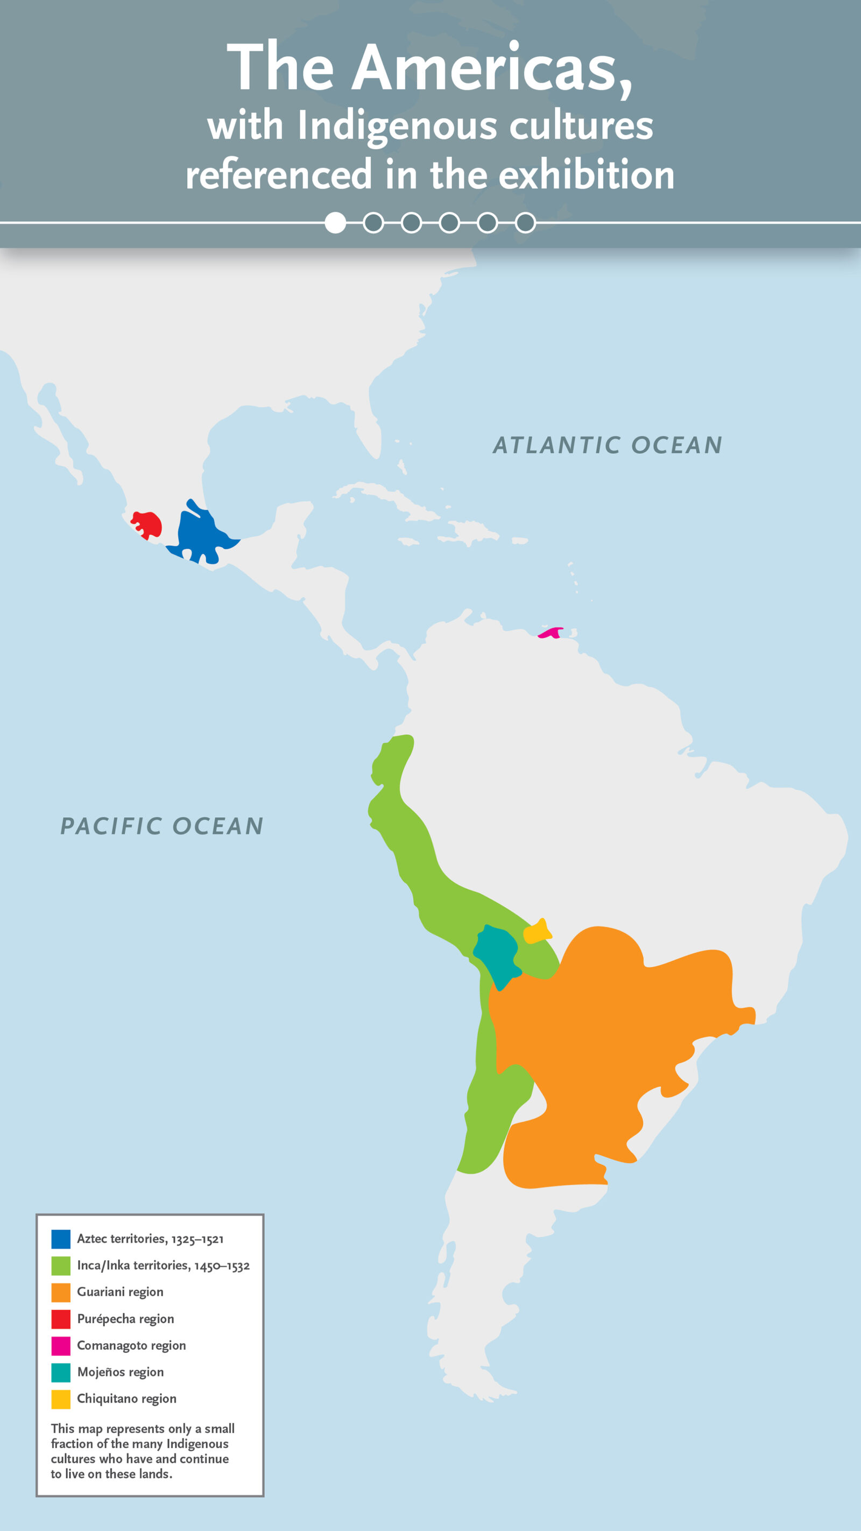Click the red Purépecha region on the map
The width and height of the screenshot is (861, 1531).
[x=148, y=524]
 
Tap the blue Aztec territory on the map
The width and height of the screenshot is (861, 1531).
[x=199, y=532]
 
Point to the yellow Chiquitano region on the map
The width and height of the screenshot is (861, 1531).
[x=537, y=932]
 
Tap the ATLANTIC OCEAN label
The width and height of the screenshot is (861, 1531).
[x=608, y=445]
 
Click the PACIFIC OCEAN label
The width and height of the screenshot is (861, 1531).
[x=161, y=826]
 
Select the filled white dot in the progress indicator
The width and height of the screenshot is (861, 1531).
[x=335, y=223]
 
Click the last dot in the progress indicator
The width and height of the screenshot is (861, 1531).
[x=525, y=223]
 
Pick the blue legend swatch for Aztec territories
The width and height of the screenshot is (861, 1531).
[x=61, y=1239]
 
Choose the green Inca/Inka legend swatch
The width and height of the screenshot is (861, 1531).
[x=61, y=1266]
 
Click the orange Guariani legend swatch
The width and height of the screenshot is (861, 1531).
[x=61, y=1293]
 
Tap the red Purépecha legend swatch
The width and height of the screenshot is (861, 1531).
[x=61, y=1319]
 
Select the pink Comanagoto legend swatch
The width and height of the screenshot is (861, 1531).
[x=61, y=1346]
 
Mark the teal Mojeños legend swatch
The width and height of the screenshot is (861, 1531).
[x=61, y=1373]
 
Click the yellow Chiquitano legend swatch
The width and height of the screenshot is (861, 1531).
[x=61, y=1400]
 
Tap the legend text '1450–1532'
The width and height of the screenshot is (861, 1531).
[x=222, y=1267]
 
